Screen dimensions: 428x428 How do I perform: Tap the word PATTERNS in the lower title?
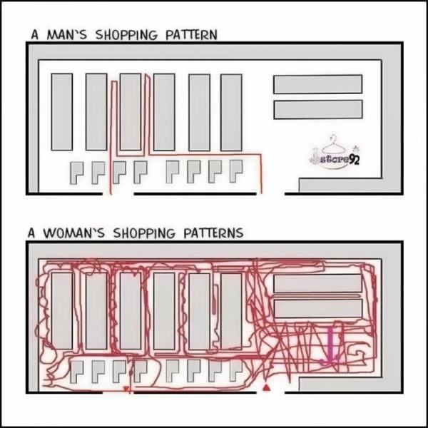click(x=210, y=233)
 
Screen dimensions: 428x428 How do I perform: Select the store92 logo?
click(x=335, y=157)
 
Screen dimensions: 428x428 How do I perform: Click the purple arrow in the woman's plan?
click(x=330, y=347)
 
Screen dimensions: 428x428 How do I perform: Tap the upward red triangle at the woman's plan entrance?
click(x=267, y=387)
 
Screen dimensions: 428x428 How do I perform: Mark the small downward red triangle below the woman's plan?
click(x=126, y=389)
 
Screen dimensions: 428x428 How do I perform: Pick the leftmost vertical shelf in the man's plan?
click(x=61, y=111)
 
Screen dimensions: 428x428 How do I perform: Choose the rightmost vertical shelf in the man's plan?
click(x=231, y=111)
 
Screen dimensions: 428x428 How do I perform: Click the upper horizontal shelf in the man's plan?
click(x=317, y=83)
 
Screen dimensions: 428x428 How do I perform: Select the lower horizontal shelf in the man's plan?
click(x=317, y=109)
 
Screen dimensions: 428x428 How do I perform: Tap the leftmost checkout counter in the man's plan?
click(x=77, y=172)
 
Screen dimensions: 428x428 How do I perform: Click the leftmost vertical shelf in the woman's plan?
click(x=61, y=310)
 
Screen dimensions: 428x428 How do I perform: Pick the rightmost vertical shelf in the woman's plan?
click(x=231, y=310)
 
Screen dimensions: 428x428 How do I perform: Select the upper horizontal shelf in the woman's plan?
click(x=317, y=282)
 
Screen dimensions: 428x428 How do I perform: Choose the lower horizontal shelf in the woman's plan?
click(x=317, y=308)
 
